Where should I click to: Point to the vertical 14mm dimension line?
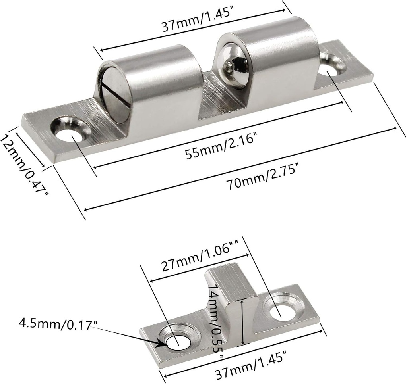[242, 323]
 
